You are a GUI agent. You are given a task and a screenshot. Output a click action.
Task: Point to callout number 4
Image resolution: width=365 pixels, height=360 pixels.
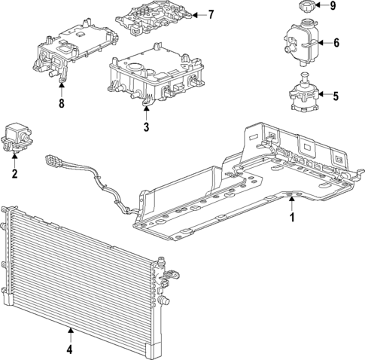pyautogui.click(x=68, y=349)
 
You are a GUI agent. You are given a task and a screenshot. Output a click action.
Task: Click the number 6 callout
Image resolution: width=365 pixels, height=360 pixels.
pyautogui.click(x=336, y=42)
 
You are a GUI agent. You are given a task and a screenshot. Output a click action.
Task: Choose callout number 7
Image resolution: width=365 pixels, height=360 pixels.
pyautogui.click(x=211, y=14)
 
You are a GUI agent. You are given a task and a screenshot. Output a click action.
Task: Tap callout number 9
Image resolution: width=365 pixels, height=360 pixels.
pyautogui.click(x=333, y=8)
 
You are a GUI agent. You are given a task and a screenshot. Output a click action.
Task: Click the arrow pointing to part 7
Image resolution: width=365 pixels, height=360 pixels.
pyautogui.click(x=197, y=14)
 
